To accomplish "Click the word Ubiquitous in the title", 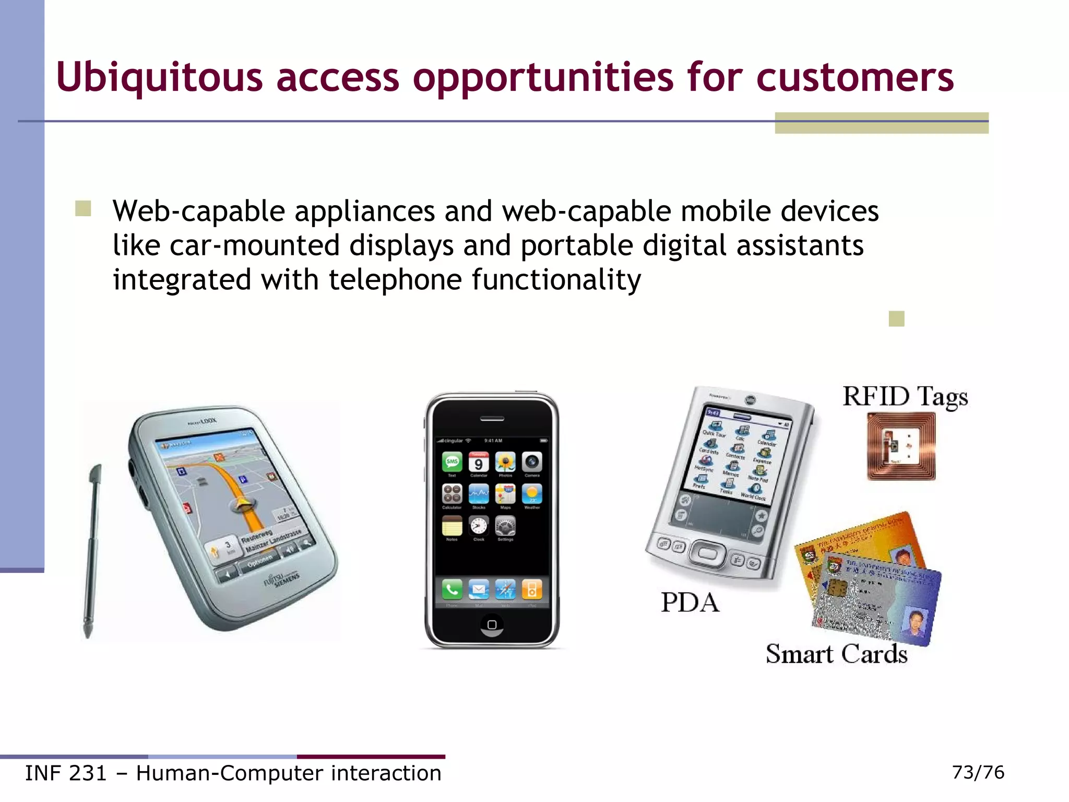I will point(159,77).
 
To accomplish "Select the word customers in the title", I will point(854,77).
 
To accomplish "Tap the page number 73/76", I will point(978,772).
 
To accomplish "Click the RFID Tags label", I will point(905,396).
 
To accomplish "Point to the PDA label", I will point(690,603).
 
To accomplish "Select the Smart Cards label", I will point(836,654).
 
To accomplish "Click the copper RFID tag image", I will point(901,446).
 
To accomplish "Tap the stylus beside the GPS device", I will point(92,548).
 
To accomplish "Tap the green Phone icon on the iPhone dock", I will point(452,589).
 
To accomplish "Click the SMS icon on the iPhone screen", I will point(452,462).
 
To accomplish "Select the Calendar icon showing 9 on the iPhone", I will point(479,462).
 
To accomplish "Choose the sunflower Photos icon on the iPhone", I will point(505,462).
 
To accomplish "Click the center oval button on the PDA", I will point(707,553).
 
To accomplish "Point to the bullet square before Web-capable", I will point(83,209).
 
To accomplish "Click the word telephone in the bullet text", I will point(395,279).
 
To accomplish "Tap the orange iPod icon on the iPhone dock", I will point(532,589).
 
